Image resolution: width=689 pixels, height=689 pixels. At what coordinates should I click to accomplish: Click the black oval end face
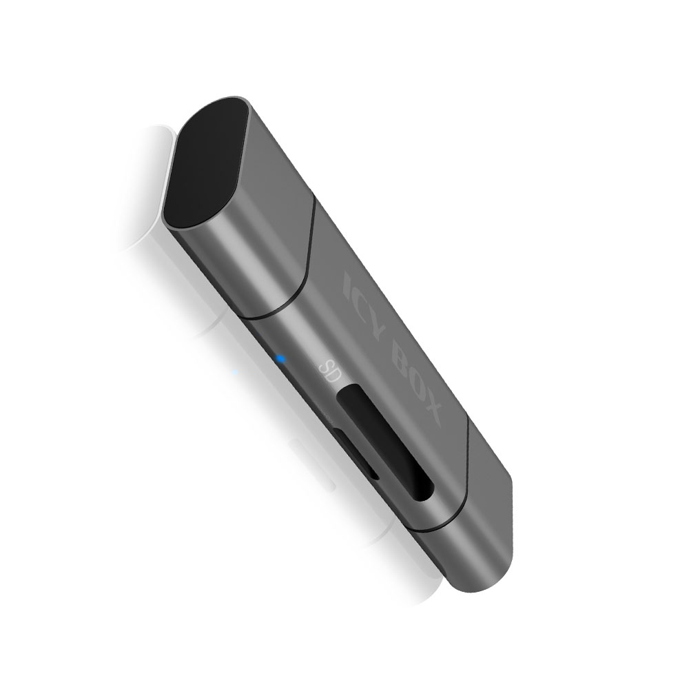tap(206, 163)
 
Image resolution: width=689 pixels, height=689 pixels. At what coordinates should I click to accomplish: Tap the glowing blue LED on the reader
tap(281, 360)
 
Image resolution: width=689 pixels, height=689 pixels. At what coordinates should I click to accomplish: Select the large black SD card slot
tap(384, 442)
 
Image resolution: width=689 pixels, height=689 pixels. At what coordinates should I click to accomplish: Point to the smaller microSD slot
tap(355, 453)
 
